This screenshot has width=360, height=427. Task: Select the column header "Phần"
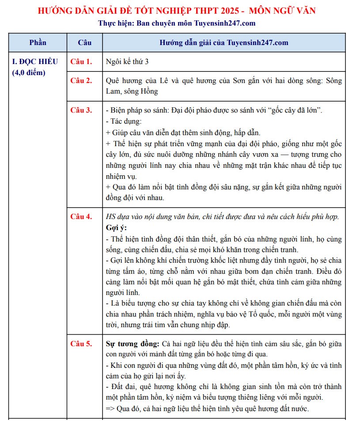[38, 43]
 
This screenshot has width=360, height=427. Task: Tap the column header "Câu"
[84, 43]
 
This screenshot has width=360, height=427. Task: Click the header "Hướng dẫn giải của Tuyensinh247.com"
[224, 43]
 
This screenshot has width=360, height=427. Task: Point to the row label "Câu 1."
[81, 61]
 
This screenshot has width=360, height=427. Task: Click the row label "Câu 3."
[81, 110]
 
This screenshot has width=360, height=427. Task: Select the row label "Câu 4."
[81, 216]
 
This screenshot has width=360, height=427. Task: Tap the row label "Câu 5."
[81, 344]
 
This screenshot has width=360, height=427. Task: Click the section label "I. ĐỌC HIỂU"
[35, 61]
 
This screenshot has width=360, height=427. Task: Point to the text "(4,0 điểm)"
[29, 72]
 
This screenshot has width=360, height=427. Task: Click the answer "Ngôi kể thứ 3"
[127, 61]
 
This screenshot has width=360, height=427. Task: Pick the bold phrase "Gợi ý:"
[116, 228]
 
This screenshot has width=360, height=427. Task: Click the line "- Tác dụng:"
[124, 121]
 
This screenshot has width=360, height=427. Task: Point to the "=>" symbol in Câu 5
[110, 408]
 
